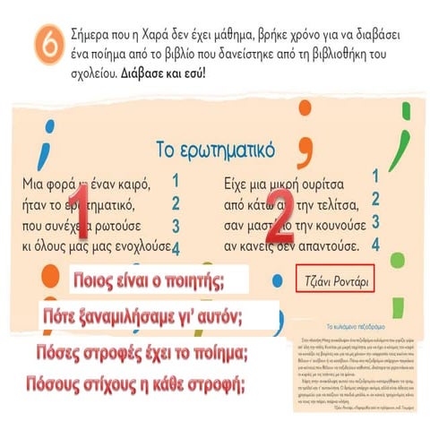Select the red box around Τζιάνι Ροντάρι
coord(333,280)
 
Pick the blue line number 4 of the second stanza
coord(374,244)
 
